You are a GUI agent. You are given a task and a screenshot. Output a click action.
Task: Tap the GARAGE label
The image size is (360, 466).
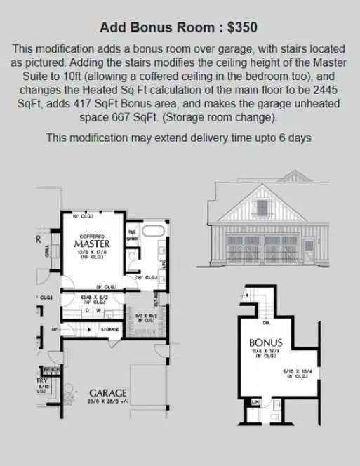coord(107,392)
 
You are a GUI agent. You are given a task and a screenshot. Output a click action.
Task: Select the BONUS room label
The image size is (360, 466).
coord(267,343)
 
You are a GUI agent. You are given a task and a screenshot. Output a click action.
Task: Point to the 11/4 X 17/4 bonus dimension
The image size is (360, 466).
coord(267,352)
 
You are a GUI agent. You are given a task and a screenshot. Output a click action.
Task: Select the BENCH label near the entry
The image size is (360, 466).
coord(51,369)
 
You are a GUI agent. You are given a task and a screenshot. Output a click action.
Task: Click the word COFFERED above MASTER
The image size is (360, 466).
coord(92,236)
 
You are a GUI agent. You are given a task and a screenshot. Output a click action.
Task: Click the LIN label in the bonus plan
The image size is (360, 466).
coord(256,401)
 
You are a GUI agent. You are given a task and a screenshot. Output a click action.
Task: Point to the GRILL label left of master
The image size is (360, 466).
coord(47,251)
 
